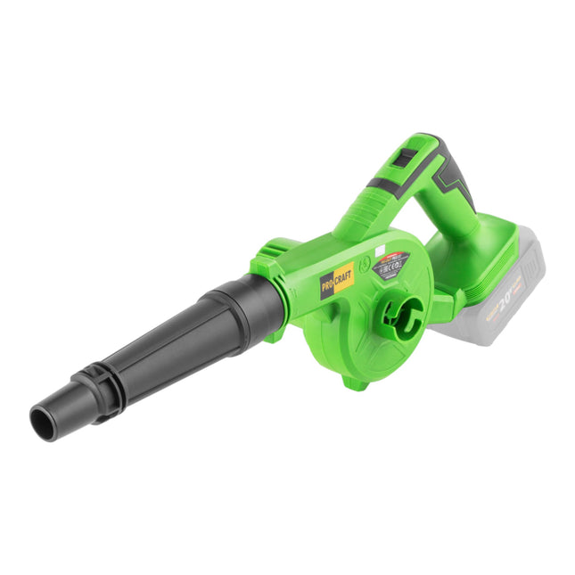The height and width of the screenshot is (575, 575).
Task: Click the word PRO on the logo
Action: click(329, 284)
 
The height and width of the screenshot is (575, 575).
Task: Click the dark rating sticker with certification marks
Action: click(391, 265)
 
